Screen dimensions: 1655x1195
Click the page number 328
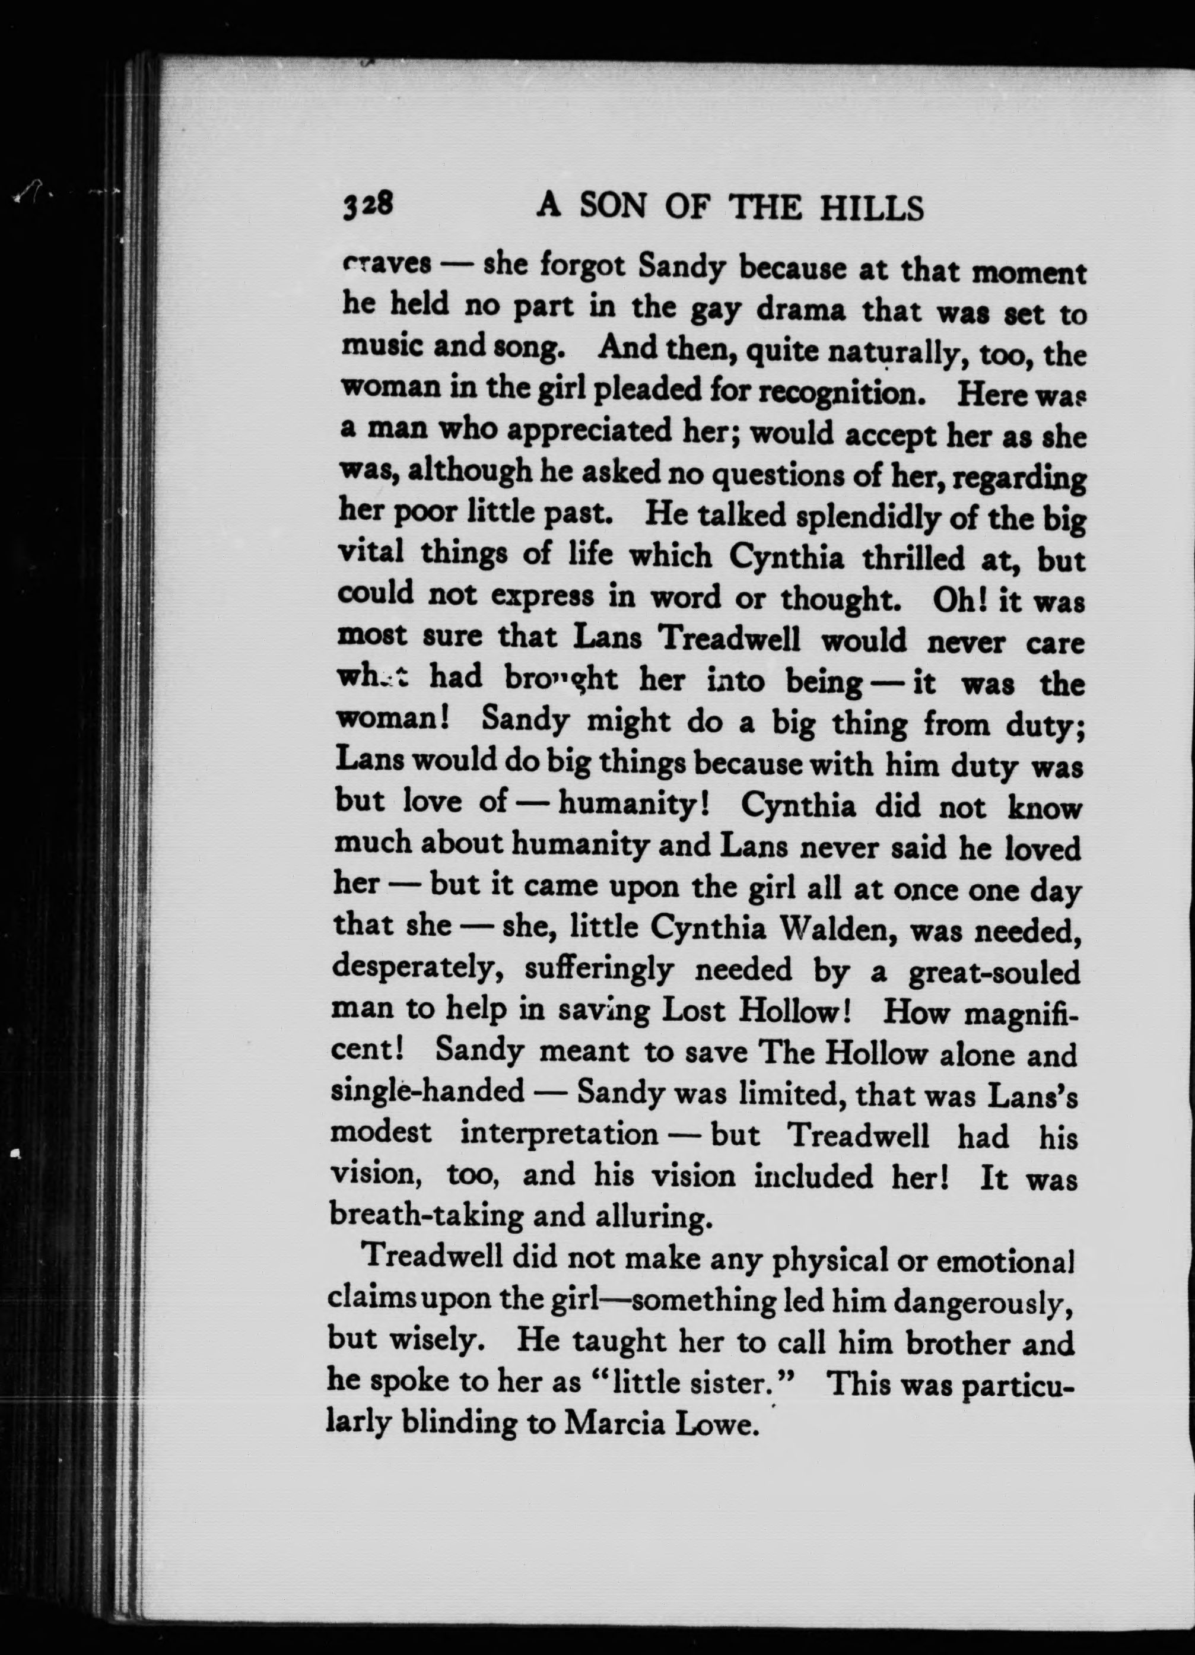[368, 207]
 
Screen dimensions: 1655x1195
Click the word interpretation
[559, 1135]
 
